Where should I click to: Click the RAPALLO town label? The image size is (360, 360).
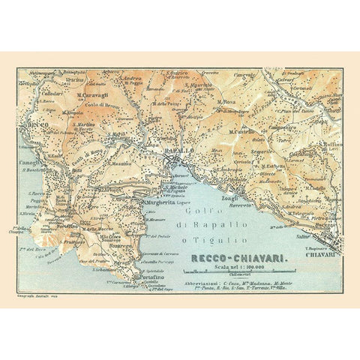(x=179, y=150)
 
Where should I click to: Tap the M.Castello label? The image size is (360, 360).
(x=246, y=132)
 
